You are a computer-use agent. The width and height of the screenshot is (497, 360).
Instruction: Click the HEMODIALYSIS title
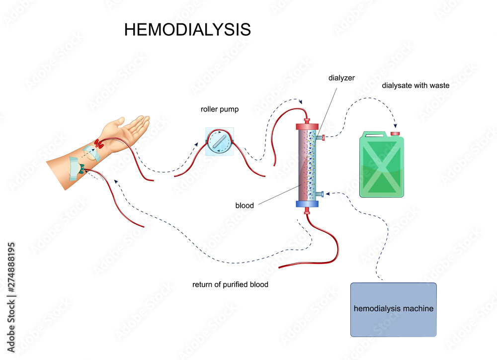tap(187, 29)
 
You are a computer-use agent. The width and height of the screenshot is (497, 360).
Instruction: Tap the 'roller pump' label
tap(220, 109)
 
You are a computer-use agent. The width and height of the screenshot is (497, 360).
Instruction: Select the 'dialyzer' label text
tap(341, 78)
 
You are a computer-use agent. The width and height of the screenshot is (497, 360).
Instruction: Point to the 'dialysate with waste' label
tap(415, 86)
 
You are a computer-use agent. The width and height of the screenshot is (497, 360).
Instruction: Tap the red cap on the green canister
tap(396, 133)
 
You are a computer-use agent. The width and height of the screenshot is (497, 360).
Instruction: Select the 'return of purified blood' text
tap(230, 285)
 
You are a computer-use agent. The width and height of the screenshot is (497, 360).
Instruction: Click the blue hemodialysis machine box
tap(393, 309)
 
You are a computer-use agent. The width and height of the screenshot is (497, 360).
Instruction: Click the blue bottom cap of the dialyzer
tap(307, 203)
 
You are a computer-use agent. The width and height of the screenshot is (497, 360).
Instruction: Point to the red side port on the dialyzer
tap(321, 137)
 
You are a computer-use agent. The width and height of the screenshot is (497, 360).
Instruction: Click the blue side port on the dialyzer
tap(321, 193)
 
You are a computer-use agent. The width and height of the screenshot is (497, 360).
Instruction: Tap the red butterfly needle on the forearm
tap(99, 144)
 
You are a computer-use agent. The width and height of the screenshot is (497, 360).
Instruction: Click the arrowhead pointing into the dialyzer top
tap(301, 103)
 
